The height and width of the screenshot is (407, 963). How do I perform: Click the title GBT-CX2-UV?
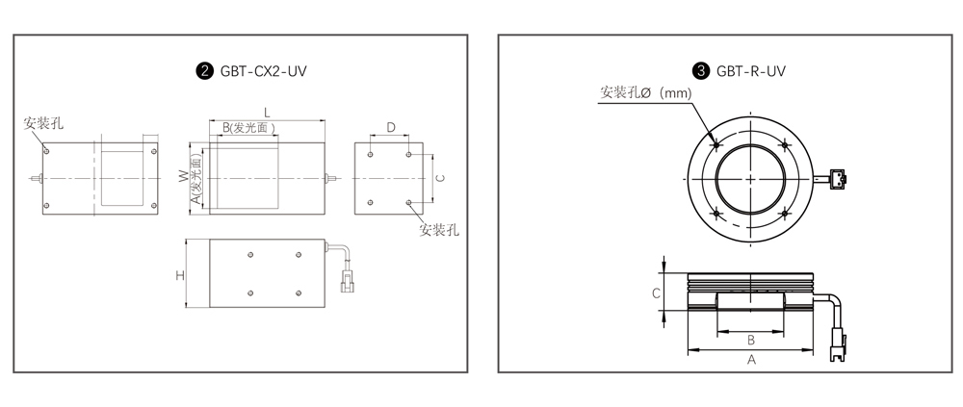263,71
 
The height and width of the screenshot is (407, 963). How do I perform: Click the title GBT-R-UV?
750,71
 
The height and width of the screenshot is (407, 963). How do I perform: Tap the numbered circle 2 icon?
205,71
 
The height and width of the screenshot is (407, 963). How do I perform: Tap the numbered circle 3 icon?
701,71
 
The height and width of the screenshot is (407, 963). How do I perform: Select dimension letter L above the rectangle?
267,112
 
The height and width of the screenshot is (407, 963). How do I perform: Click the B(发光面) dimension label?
248,128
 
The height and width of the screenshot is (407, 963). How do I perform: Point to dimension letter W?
183,177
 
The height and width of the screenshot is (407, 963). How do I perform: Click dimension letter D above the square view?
391,128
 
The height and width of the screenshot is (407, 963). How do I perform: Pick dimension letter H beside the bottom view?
180,275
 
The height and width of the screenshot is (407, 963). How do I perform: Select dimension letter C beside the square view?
440,178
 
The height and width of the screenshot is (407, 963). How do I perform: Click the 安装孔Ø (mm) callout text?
645,92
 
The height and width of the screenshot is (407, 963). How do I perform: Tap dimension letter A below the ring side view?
751,361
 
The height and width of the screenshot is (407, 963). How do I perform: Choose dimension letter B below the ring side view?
750,340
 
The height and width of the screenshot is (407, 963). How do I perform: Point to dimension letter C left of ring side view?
656,293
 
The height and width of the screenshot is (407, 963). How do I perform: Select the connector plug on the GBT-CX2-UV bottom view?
348,282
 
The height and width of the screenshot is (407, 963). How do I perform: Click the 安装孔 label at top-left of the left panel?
43,123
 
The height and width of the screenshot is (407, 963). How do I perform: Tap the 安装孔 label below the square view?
438,230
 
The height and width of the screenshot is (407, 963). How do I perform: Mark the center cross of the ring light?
750,179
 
